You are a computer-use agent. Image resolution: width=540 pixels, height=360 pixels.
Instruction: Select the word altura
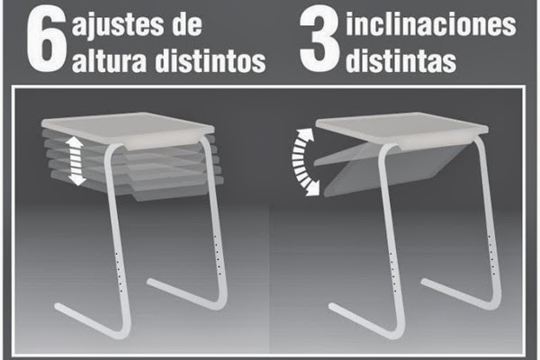coord(113,60)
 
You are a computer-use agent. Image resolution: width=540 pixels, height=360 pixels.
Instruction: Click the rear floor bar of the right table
coord(459,292)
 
